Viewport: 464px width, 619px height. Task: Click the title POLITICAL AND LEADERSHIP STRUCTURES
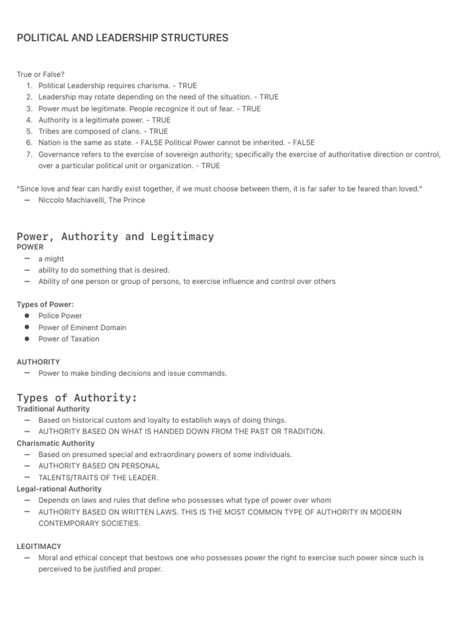123,38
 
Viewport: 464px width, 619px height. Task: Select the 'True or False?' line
40,74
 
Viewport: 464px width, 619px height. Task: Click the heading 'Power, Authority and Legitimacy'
115,236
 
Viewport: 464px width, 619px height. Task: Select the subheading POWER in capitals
30,247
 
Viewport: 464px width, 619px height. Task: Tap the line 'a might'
51,259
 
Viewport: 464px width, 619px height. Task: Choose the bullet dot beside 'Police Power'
27,316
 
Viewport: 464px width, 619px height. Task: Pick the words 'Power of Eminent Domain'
82,328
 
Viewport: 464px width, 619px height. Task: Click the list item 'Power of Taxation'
69,339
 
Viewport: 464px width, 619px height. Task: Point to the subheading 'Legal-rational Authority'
59,488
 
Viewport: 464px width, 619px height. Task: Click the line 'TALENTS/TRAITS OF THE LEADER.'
98,478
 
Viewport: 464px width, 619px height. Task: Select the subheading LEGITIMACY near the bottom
39,546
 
